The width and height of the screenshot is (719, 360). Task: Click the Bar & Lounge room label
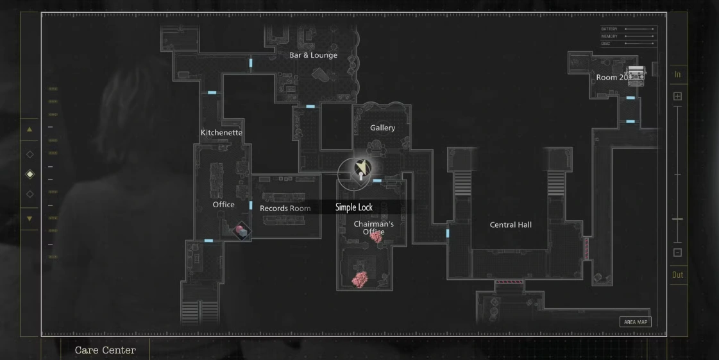pos(313,55)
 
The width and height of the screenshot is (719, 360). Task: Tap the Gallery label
pos(382,128)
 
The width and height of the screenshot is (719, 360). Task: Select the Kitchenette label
pos(221,133)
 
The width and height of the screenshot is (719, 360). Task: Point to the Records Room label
pos(285,209)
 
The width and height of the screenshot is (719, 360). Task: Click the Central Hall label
pos(511,225)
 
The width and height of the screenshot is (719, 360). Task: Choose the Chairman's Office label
pos(373,228)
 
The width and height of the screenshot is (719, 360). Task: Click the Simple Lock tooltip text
pos(353,207)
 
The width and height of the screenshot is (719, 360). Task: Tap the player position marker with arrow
pos(362,168)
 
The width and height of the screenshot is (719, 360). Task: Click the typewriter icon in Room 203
pos(635,76)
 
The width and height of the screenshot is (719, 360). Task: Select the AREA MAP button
pos(635,322)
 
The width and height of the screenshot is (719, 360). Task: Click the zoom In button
pos(677,74)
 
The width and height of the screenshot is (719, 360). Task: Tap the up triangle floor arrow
pos(29,129)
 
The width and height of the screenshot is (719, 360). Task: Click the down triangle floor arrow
pos(29,219)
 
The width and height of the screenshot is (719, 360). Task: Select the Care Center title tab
pos(105,350)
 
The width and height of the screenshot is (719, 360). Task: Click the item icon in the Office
pos(241,230)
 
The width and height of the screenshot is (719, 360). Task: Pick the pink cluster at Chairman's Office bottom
pos(360,279)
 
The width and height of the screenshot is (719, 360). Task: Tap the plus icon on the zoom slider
pos(677,96)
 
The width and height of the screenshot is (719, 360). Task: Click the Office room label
pos(224,205)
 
